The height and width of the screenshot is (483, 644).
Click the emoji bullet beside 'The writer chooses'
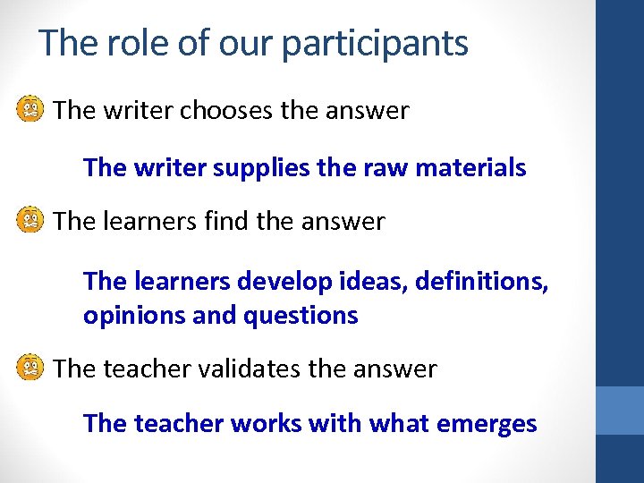pyautogui.click(x=30, y=111)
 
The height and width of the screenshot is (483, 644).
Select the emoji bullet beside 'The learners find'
pyautogui.click(x=30, y=221)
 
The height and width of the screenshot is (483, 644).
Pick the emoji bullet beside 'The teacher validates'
pyautogui.click(x=30, y=368)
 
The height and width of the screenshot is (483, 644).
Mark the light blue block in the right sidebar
pyautogui.click(x=620, y=411)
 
